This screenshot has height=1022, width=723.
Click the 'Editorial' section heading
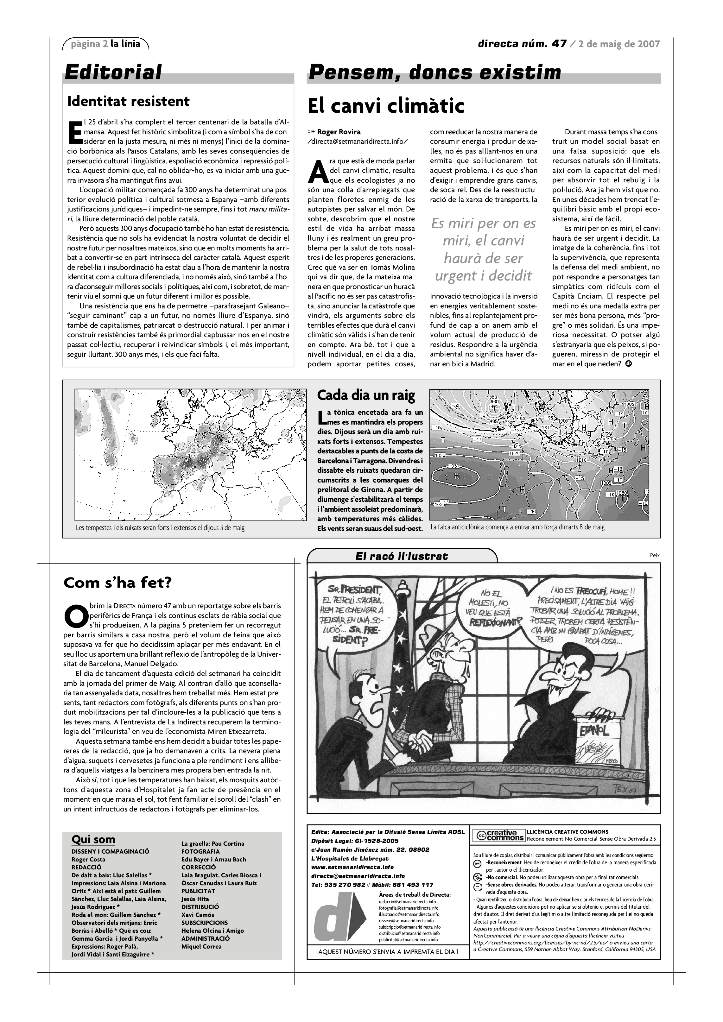pos(113,72)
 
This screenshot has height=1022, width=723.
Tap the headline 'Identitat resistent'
pos(128,102)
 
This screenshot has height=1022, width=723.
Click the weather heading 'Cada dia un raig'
pos(366,395)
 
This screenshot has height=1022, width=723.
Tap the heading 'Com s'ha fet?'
pos(117,583)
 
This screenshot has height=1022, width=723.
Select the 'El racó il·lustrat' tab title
pos(402,556)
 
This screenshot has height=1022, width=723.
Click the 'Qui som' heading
pos(93,840)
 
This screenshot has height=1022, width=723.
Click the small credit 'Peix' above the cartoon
pos(655,555)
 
